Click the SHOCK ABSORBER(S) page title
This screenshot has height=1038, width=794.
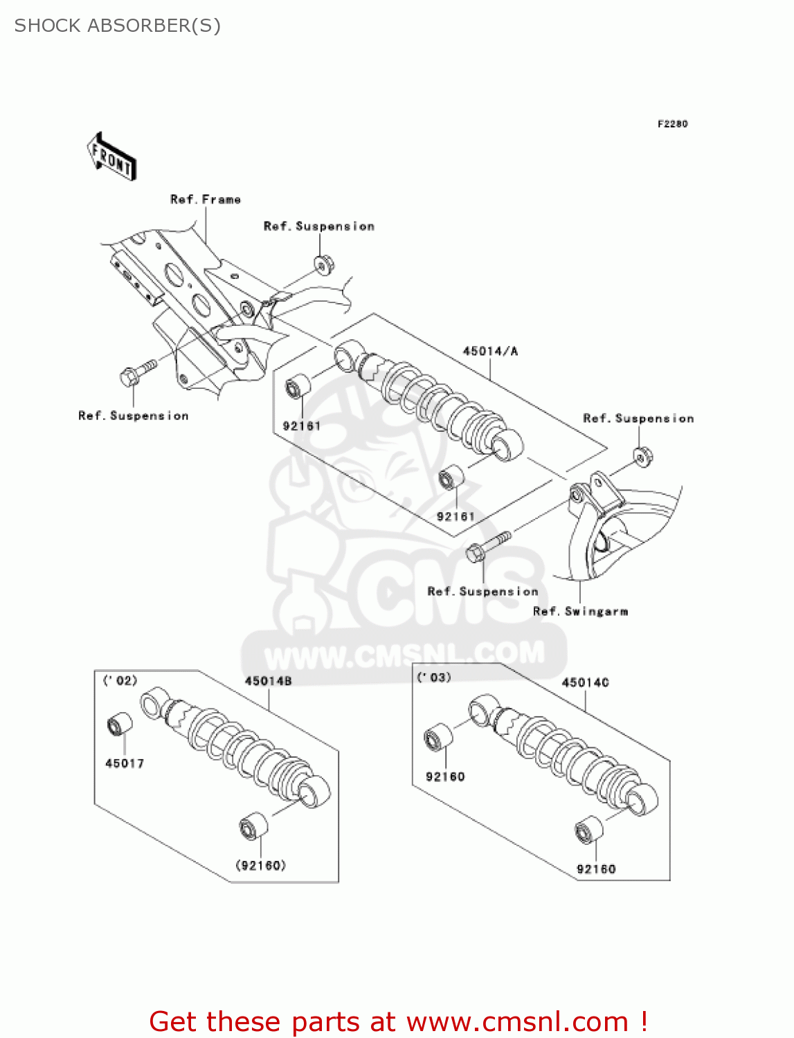point(118,26)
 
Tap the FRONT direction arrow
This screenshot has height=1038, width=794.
point(111,156)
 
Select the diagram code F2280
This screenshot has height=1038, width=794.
point(672,124)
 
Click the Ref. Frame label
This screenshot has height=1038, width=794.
point(206,199)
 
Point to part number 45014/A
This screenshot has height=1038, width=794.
point(490,351)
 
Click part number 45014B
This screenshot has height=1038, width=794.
point(268,681)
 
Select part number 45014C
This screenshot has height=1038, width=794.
point(585,682)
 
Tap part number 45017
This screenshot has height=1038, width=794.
point(125,763)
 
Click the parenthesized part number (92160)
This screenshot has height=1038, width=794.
point(261,865)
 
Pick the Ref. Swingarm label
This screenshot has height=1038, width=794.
point(580,611)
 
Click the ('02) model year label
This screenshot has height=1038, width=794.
point(120,680)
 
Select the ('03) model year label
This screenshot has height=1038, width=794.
point(434,677)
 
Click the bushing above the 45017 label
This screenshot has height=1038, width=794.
point(120,724)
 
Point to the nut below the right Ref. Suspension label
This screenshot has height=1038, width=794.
point(642,457)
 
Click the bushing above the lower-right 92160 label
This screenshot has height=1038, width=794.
point(588,829)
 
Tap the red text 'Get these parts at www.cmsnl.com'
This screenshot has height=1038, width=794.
point(398,1021)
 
